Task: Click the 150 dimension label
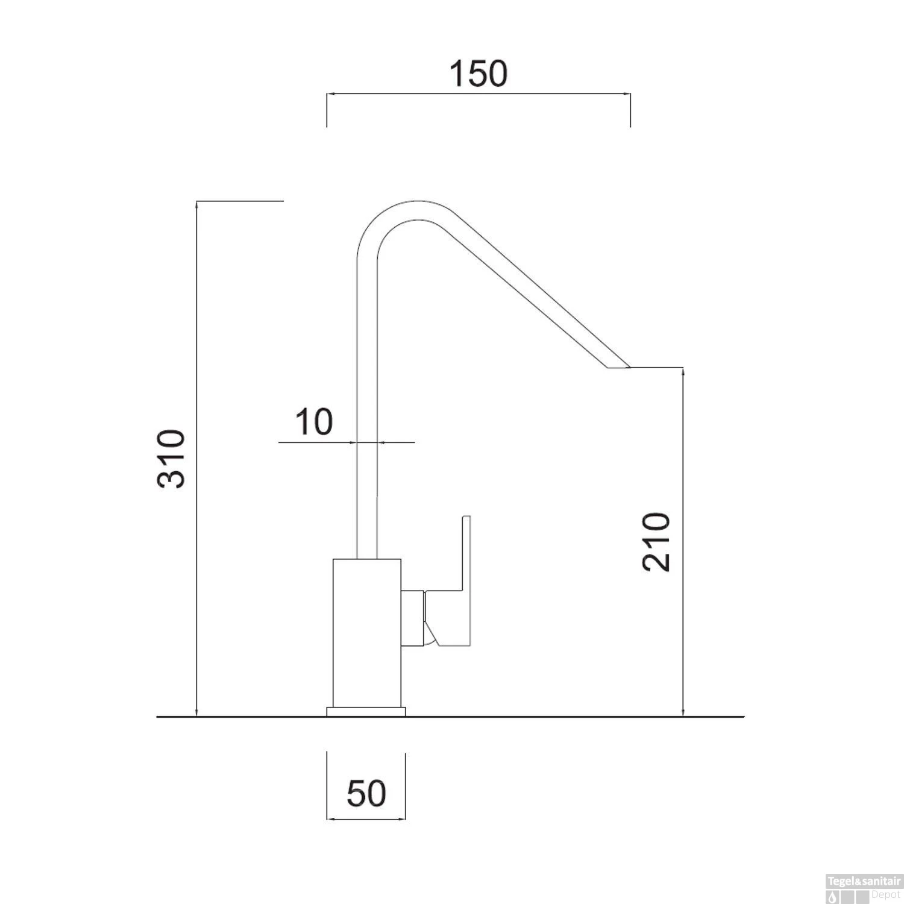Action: pyautogui.click(x=479, y=74)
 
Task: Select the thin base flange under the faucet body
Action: pyautogui.click(x=366, y=712)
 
